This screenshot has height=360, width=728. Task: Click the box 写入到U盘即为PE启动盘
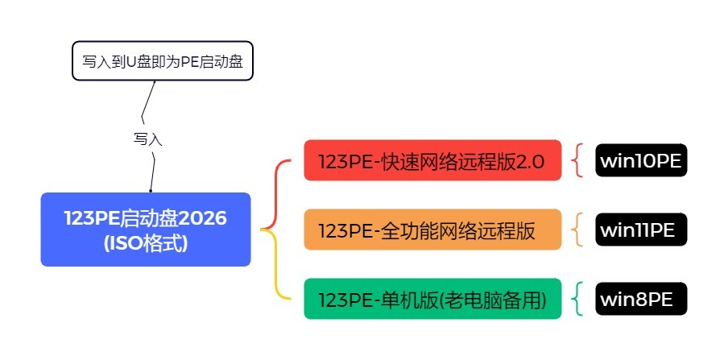163,62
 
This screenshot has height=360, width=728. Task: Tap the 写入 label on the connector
148,139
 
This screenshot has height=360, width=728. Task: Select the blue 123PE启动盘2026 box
146,229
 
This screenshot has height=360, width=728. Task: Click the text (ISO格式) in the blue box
146,242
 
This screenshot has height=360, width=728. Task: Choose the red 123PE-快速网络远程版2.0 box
432,160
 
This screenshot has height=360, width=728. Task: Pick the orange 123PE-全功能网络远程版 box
432,230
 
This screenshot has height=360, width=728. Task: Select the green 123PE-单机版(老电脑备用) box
432,299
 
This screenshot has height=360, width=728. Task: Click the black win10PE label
642,160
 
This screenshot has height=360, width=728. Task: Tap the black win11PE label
642,230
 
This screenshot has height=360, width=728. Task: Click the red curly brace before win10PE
577,160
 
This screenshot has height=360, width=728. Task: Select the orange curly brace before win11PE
577,230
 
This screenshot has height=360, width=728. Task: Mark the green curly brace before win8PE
577,299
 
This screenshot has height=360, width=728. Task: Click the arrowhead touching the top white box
153,83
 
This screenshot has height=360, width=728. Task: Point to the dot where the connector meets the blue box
151,191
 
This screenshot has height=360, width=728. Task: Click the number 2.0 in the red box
529,160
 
